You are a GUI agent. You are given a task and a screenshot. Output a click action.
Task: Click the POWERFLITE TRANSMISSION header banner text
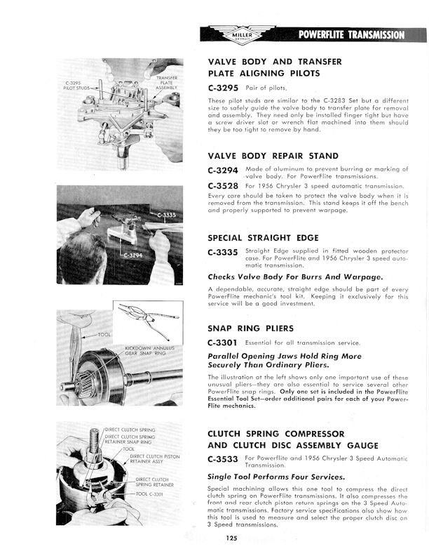pos(350,34)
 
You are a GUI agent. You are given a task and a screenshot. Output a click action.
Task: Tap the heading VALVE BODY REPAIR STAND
pos(273,155)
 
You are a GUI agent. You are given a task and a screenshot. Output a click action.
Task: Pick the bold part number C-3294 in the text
pos(223,171)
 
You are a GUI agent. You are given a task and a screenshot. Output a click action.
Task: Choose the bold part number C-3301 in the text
pos(223,343)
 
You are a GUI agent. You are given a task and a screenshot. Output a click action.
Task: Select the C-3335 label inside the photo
pos(166,215)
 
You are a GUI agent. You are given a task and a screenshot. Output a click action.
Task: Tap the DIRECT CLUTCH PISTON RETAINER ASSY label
pos(155,460)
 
